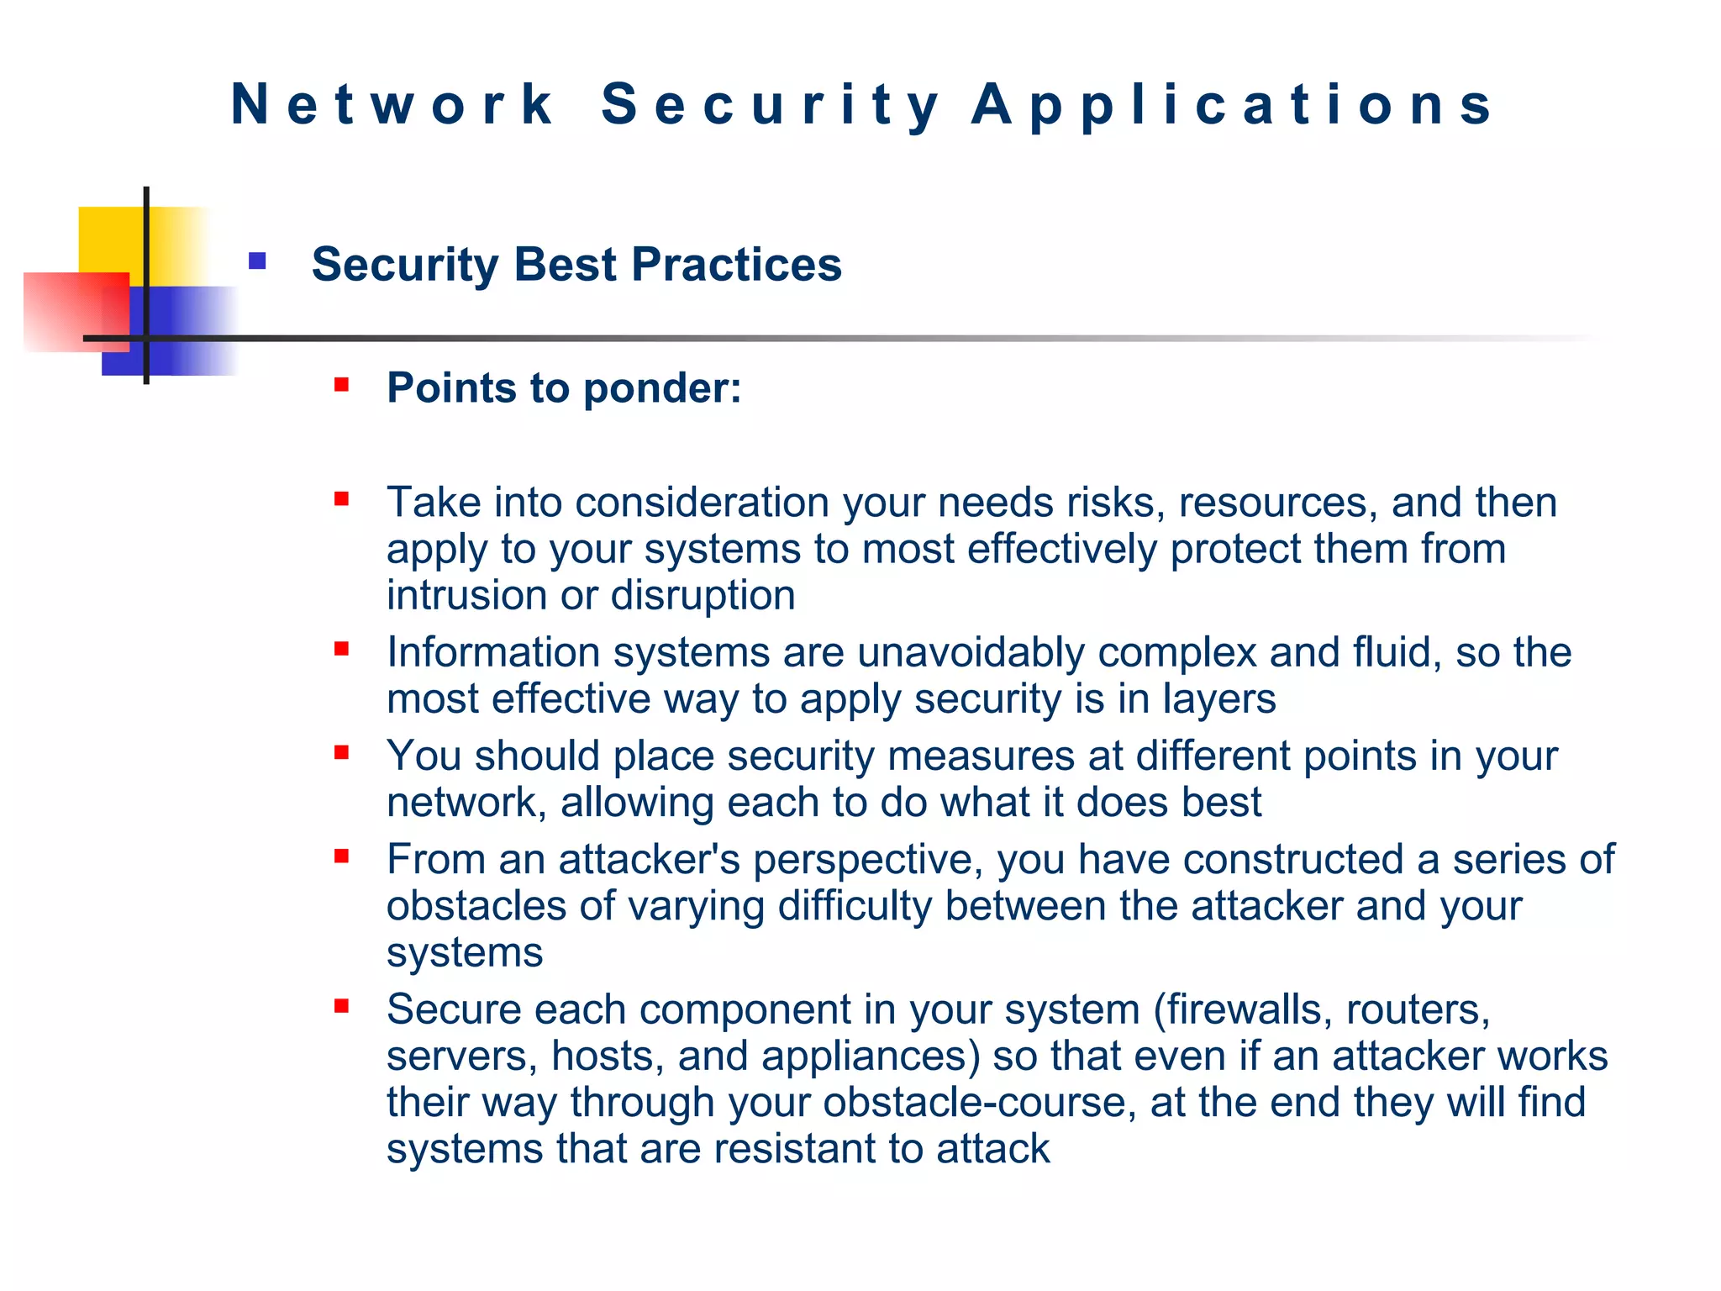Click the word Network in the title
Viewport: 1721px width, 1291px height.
point(392,104)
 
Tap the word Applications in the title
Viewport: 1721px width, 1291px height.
point(1231,106)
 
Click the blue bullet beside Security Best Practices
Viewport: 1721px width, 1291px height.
point(257,261)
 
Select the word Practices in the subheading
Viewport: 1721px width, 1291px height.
point(736,265)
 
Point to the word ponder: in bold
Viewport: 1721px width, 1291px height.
point(662,388)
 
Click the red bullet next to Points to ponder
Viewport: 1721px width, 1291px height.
point(341,386)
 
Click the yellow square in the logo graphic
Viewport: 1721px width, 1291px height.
point(109,240)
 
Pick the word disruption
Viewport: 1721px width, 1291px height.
point(703,596)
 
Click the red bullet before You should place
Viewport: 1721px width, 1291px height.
point(341,753)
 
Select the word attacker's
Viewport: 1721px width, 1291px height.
point(649,860)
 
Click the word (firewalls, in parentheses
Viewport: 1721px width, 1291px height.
point(1243,1009)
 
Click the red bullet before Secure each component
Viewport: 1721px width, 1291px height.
point(341,1006)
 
